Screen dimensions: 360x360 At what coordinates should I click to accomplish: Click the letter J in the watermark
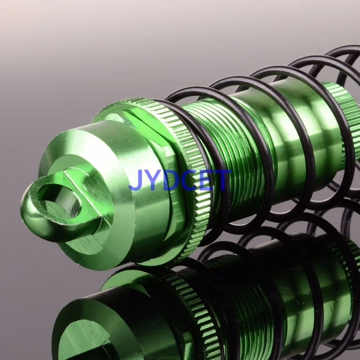[x=136, y=181]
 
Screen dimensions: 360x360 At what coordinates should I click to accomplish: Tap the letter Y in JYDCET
[x=153, y=180]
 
